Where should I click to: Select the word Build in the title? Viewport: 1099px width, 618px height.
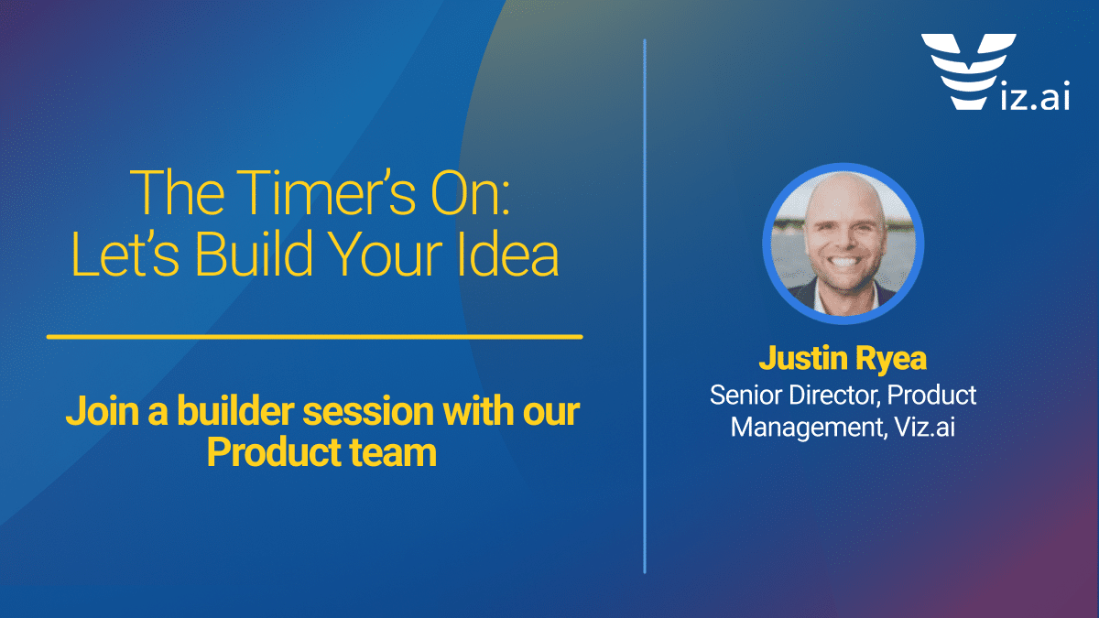[254, 255]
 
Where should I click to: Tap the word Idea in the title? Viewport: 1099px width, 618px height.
[508, 255]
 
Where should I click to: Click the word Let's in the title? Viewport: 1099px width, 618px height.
[125, 255]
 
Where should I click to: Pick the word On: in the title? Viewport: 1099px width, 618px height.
[471, 193]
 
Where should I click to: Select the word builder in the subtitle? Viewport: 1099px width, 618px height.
[235, 410]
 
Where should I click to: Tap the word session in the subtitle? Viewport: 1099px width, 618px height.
[368, 411]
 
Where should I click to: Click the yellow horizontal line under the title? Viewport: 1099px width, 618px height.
[314, 337]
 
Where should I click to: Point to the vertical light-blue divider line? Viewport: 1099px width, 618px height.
[645, 306]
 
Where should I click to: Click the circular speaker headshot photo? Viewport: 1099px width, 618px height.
[843, 244]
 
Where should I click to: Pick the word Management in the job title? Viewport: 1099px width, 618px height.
[809, 428]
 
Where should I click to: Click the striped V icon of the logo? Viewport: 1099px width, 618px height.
[969, 71]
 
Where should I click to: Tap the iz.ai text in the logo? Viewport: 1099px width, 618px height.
[1035, 94]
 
